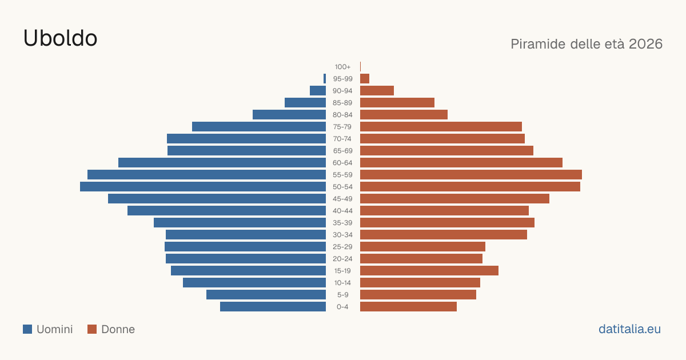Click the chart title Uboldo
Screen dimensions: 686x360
point(60,38)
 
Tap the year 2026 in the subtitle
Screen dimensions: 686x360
point(645,44)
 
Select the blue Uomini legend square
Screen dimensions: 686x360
point(27,329)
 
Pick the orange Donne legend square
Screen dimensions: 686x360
point(92,329)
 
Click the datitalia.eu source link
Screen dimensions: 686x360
point(629,329)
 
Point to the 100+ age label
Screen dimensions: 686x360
point(342,67)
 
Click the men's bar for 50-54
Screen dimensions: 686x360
point(203,187)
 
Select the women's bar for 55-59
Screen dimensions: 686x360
point(471,175)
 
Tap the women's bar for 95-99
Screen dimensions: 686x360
point(365,79)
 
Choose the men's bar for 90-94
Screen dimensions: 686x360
point(318,91)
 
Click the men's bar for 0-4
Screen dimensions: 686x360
point(273,307)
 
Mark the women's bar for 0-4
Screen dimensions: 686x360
point(408,307)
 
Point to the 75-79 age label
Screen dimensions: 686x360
point(342,127)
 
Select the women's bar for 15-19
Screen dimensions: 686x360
point(429,271)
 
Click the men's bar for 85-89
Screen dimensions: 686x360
point(305,102)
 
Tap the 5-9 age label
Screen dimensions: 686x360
point(342,295)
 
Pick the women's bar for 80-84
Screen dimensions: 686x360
point(404,115)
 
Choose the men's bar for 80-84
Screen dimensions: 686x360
point(289,115)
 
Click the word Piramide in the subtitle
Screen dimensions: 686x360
point(538,44)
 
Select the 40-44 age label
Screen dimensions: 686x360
point(342,211)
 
